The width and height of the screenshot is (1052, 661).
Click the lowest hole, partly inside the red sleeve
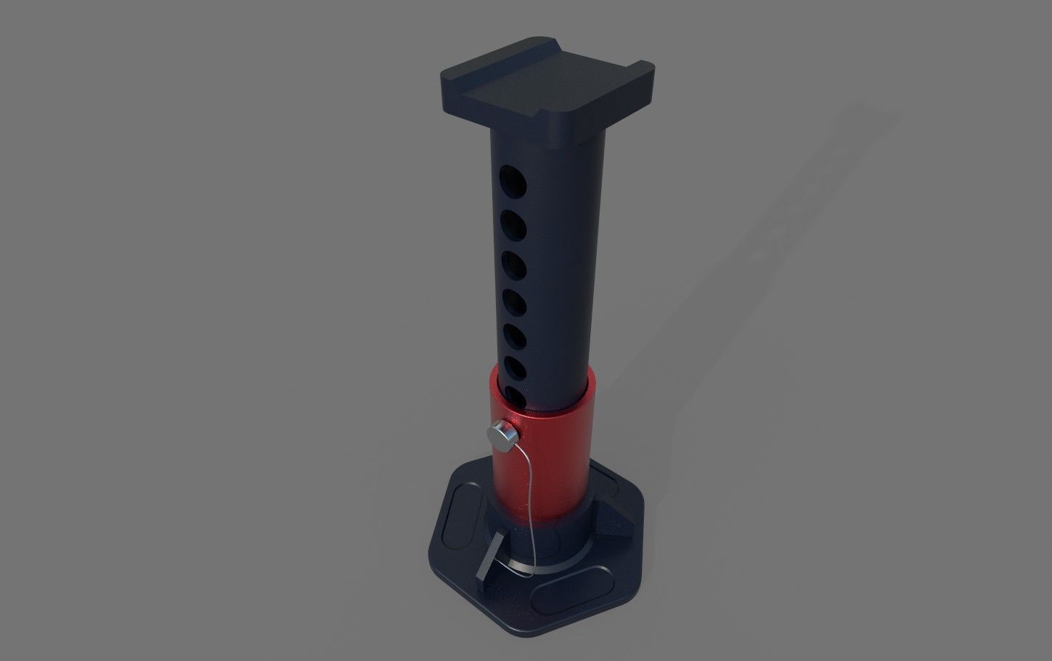pyautogui.click(x=513, y=396)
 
